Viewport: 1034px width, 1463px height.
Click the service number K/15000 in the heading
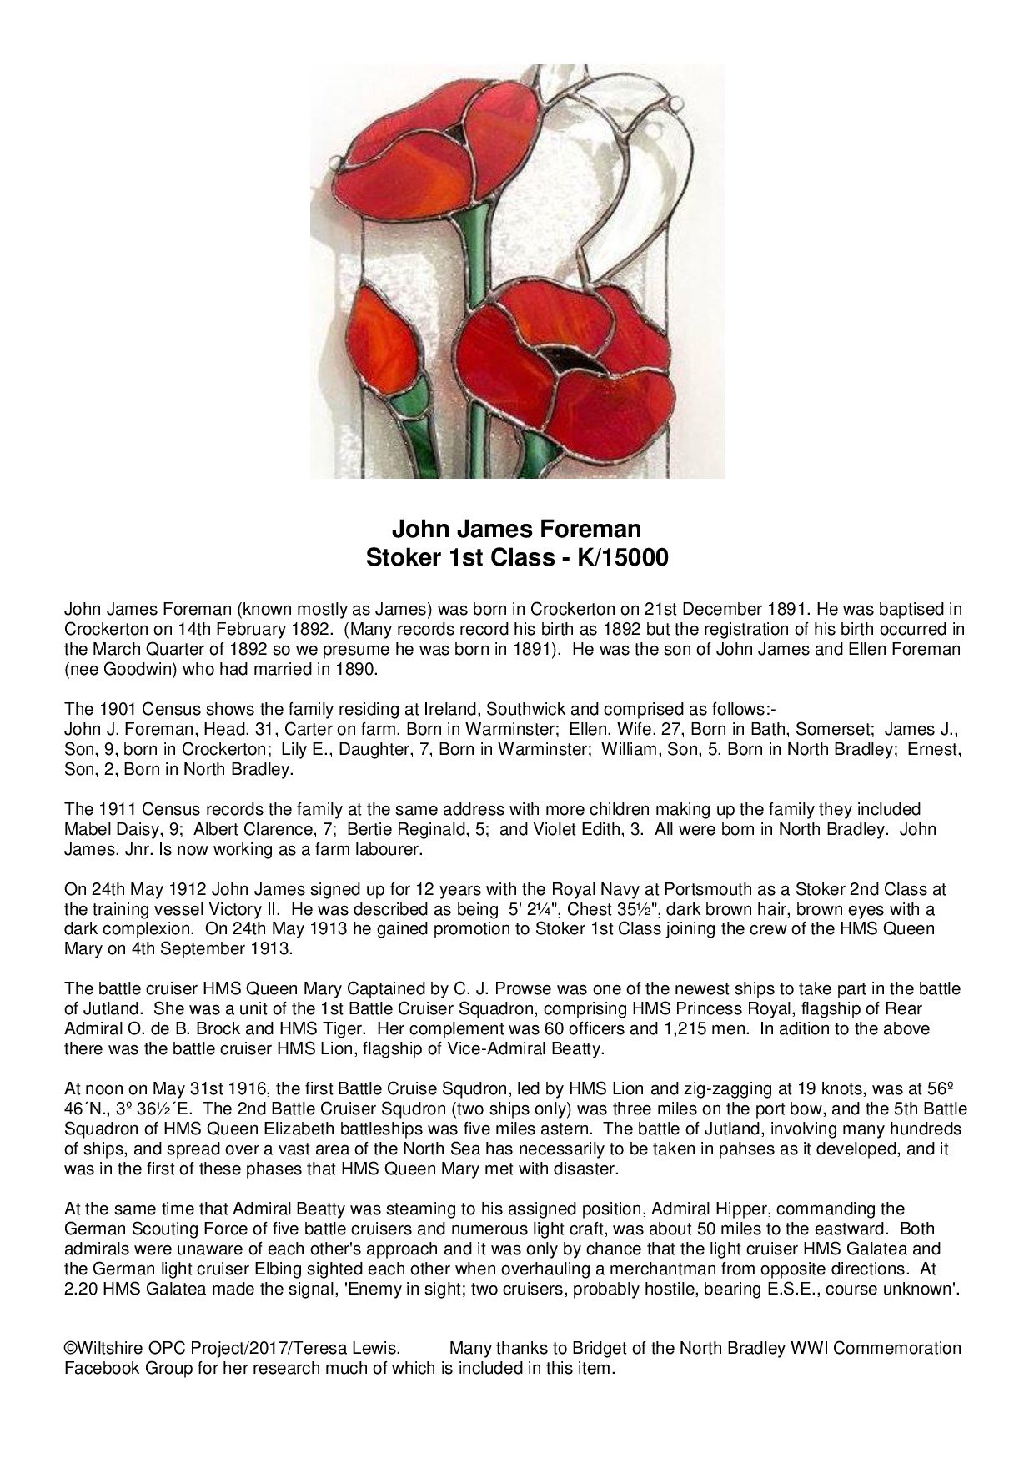615,557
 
